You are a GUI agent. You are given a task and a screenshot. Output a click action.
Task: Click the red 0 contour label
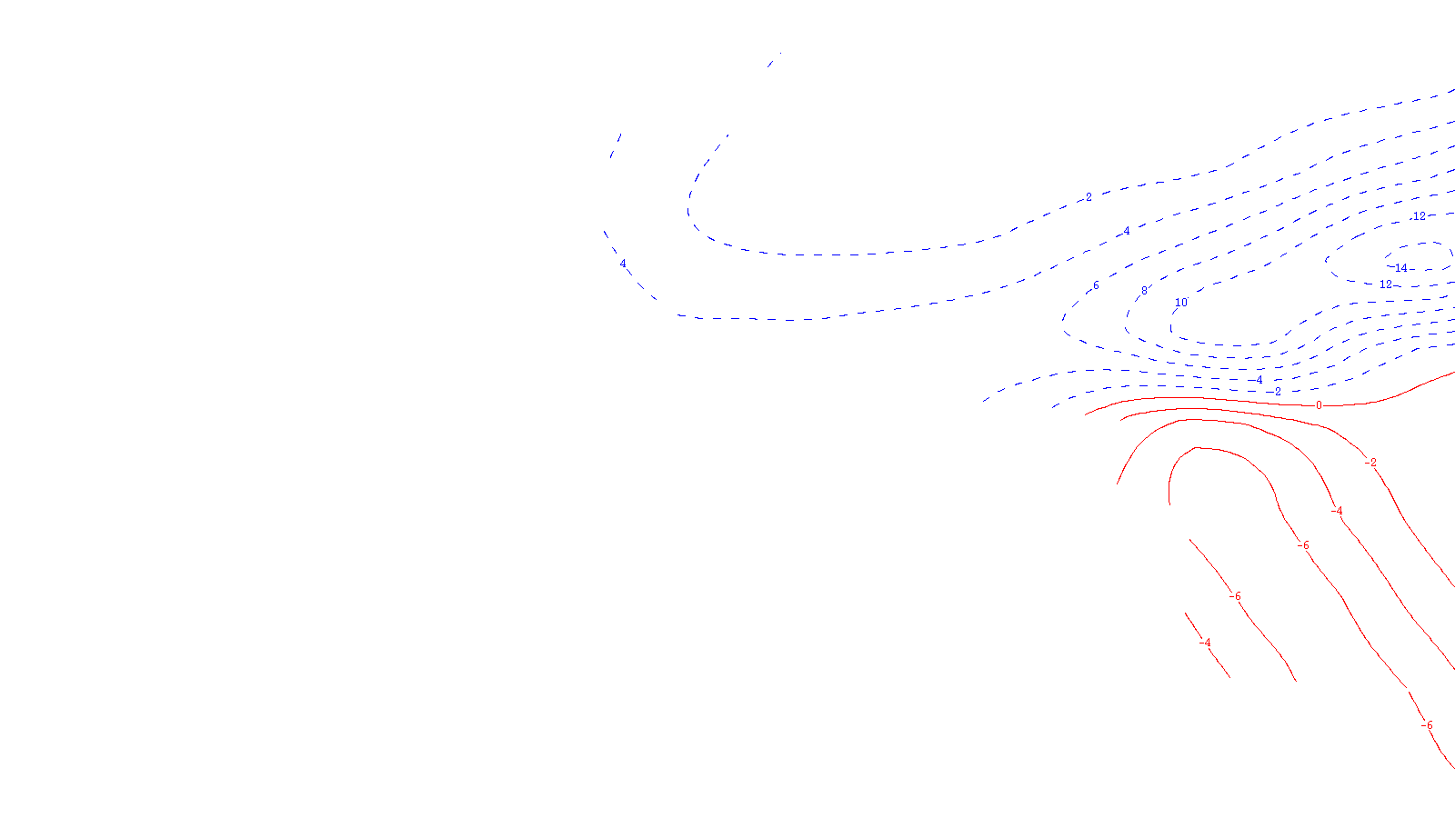click(x=1319, y=405)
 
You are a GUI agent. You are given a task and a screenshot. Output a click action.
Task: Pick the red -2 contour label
click(x=1370, y=463)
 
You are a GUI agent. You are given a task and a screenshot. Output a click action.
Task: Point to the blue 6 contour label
click(x=1096, y=285)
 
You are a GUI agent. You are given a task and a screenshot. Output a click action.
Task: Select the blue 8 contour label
click(x=1144, y=291)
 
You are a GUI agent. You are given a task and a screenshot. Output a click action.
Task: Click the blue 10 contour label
click(x=1181, y=303)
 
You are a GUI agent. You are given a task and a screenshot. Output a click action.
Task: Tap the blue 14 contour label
click(x=1400, y=268)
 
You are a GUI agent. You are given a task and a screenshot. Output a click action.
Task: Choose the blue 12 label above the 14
click(x=1419, y=216)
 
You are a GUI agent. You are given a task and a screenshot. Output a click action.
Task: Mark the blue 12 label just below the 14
click(x=1386, y=284)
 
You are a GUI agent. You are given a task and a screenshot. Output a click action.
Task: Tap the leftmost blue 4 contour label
click(x=623, y=264)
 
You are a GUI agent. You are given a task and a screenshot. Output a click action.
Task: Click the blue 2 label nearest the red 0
click(x=1278, y=392)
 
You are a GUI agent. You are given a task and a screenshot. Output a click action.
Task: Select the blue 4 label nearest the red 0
click(x=1259, y=380)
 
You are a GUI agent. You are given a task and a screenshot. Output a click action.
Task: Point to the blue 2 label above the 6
click(x=1089, y=197)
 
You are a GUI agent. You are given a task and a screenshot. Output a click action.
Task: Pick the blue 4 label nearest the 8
click(x=1127, y=231)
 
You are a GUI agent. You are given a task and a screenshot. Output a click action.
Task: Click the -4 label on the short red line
click(x=1206, y=643)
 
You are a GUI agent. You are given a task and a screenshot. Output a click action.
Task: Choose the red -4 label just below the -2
click(x=1336, y=511)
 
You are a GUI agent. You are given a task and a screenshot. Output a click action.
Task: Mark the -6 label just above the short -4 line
click(x=1234, y=596)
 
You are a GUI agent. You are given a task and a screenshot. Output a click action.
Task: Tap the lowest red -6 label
click(x=1427, y=725)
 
